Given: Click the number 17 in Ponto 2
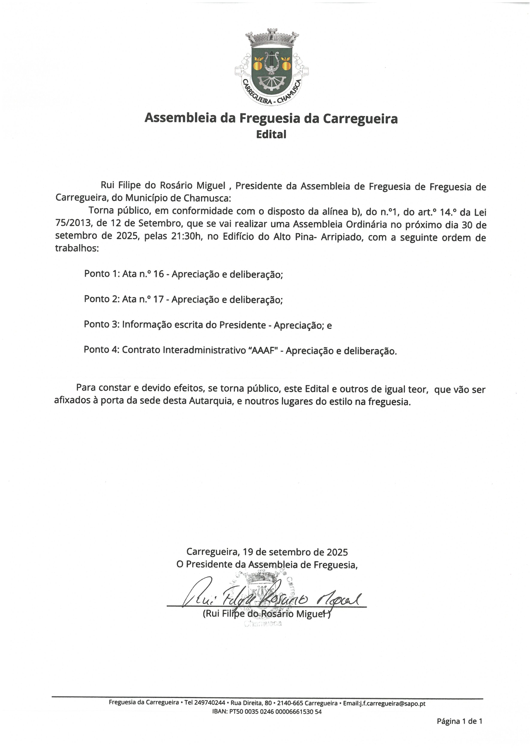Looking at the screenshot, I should (x=158, y=299).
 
